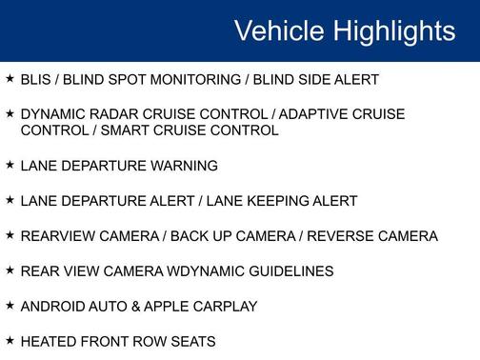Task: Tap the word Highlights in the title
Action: pos(393,31)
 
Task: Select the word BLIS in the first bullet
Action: pos(35,80)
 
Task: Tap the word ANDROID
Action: pos(51,307)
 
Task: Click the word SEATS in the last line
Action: pos(193,342)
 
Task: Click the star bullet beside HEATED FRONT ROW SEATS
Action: pos(10,340)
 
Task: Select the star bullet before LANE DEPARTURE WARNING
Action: pos(10,164)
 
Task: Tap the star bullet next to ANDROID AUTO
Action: pos(10,305)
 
